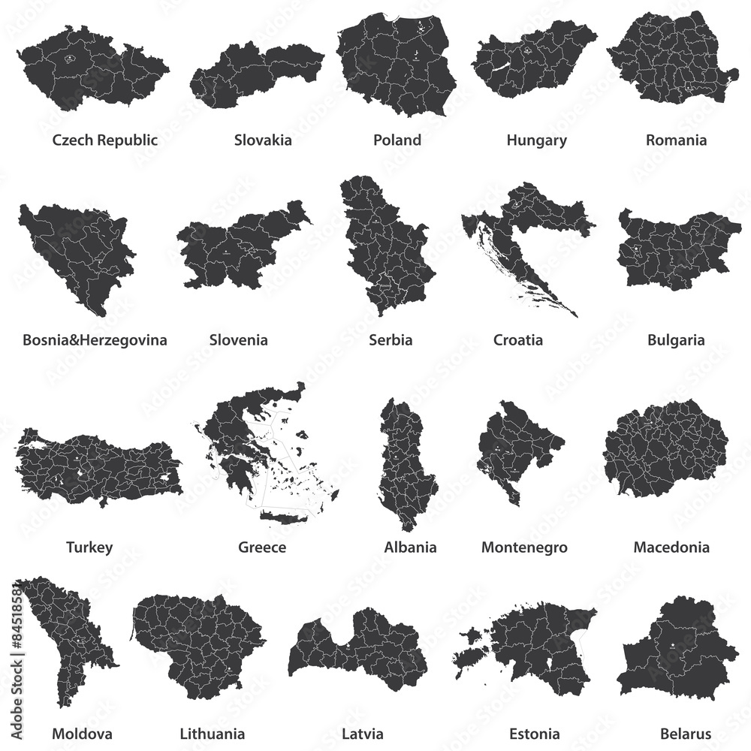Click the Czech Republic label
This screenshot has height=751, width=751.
(x=104, y=140)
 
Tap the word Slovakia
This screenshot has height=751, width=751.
(x=263, y=140)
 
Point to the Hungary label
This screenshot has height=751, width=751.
(x=536, y=140)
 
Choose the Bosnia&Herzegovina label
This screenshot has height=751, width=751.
(x=95, y=340)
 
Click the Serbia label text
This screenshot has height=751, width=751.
(x=391, y=340)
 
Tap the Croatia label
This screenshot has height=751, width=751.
(x=518, y=340)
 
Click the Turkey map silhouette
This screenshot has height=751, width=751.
(x=98, y=466)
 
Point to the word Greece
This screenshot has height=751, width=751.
(x=262, y=547)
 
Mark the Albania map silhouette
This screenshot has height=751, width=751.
(x=406, y=466)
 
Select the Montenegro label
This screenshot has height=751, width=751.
(x=524, y=547)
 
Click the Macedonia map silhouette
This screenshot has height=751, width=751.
(x=665, y=451)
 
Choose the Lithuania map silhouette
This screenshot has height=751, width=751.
(x=199, y=638)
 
